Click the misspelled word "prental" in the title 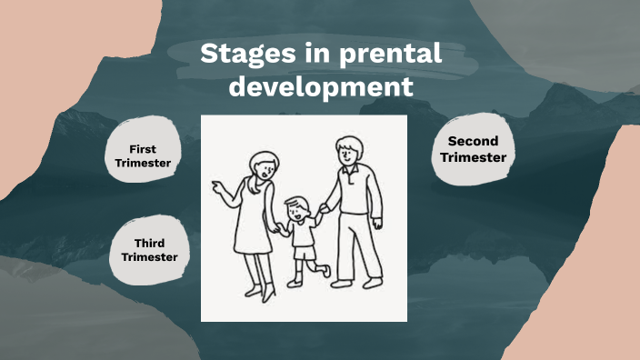(391, 55)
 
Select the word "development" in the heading (321, 87)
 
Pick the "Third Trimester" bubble (149, 250)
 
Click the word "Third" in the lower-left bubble (149, 243)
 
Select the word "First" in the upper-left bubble (144, 148)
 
